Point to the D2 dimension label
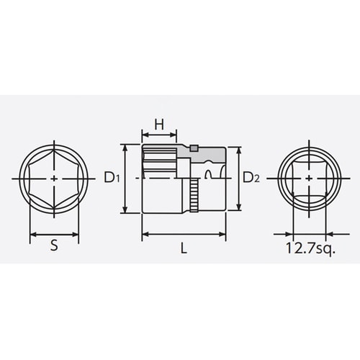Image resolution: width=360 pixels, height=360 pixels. (x=250, y=177)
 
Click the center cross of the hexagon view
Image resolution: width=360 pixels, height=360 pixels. (x=55, y=177)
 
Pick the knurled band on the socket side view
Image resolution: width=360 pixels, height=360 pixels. (x=194, y=194)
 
